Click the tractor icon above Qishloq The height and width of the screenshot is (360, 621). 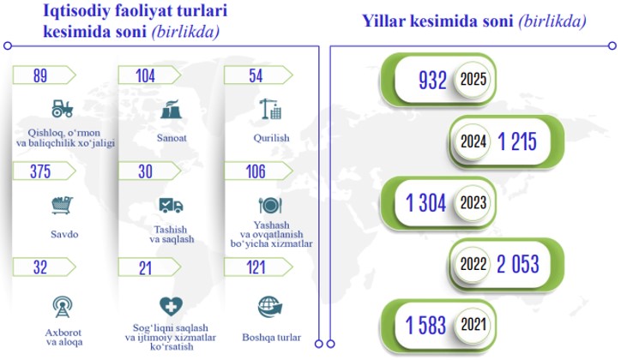click(x=63, y=108)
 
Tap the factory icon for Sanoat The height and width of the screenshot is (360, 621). click(x=171, y=110)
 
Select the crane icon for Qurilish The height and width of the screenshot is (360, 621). click(x=270, y=109)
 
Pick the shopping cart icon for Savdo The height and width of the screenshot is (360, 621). click(x=63, y=206)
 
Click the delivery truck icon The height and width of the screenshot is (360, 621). click(x=171, y=206)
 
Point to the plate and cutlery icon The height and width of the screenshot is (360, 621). click(x=270, y=206)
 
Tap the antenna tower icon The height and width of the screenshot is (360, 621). click(x=63, y=307)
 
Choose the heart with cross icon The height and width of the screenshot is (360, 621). click(x=171, y=307)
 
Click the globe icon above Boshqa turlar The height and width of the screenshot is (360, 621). click(x=270, y=308)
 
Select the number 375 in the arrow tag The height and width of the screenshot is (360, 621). click(x=40, y=171)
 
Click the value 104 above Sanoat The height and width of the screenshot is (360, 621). click(x=145, y=76)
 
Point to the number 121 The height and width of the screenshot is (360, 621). click(x=256, y=267)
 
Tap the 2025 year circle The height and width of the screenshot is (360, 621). click(x=473, y=79)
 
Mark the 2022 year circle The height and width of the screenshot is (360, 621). click(x=473, y=264)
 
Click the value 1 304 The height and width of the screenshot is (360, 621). click(x=425, y=203)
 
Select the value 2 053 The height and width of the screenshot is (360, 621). click(x=517, y=264)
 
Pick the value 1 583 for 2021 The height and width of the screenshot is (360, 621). click(x=425, y=325)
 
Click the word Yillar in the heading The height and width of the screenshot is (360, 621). click(x=383, y=21)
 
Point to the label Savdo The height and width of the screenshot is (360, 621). click(x=64, y=234)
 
